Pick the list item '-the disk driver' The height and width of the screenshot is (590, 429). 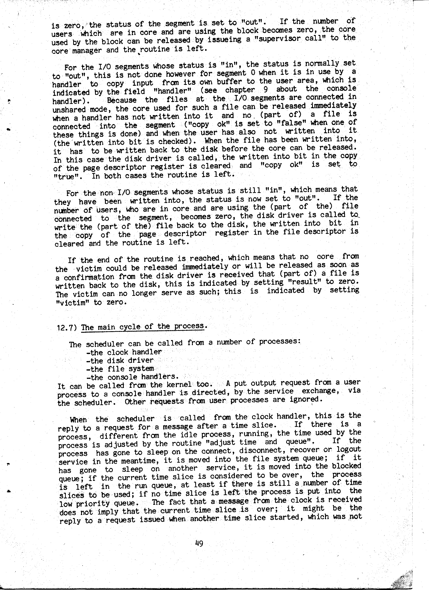(x=120, y=361)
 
